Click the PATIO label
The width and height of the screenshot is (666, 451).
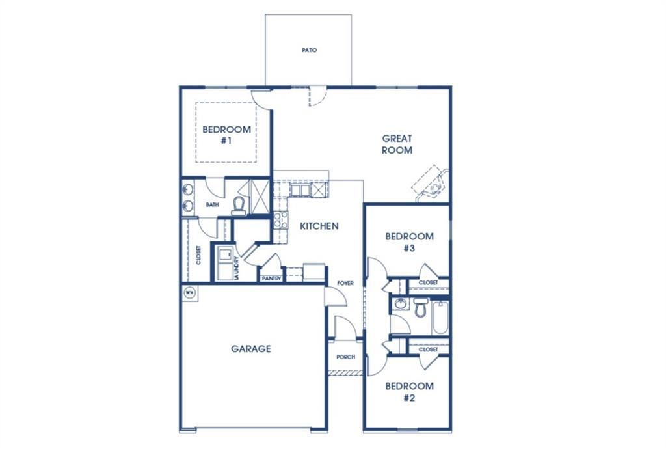[310, 50]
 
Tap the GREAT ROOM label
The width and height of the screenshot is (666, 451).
[397, 144]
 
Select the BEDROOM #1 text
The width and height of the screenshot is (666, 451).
[226, 135]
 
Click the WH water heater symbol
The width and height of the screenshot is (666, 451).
[190, 292]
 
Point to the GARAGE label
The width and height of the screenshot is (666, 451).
[251, 349]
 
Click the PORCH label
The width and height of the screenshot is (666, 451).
[345, 358]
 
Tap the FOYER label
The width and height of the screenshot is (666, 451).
[345, 283]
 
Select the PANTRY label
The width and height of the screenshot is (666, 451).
[271, 279]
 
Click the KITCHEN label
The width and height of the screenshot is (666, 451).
[319, 226]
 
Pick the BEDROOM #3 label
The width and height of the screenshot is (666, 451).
[409, 241]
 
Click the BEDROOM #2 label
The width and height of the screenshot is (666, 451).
[409, 391]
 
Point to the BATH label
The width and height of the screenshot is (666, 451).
[212, 204]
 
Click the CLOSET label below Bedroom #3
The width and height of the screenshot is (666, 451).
[428, 283]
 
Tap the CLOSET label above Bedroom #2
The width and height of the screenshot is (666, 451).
[428, 349]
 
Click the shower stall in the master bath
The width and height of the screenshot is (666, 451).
[260, 196]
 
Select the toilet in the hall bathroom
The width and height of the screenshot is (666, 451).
[421, 307]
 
